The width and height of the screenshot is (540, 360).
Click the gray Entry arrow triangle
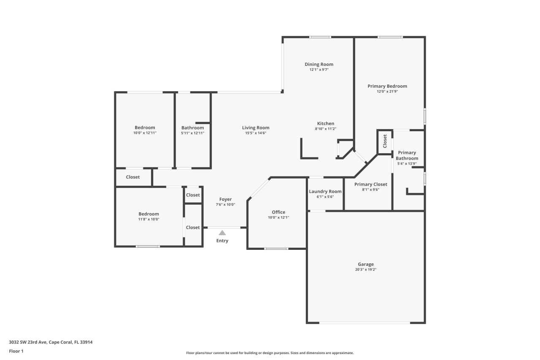click(x=222, y=233)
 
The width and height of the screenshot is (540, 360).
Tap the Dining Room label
click(x=319, y=65)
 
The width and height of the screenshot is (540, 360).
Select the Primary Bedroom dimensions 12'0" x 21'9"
click(x=387, y=92)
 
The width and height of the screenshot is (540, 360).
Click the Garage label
click(x=366, y=264)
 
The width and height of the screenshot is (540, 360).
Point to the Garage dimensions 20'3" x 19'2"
click(x=366, y=270)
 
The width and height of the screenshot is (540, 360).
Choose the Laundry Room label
click(x=325, y=192)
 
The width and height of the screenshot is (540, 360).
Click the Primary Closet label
click(x=370, y=184)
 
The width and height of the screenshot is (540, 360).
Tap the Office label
click(x=278, y=212)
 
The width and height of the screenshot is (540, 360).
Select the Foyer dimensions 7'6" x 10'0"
click(x=225, y=205)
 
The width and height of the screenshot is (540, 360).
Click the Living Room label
click(x=256, y=128)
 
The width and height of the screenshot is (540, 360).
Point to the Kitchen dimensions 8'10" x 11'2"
click(x=326, y=129)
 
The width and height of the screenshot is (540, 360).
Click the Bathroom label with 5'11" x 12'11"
click(x=192, y=128)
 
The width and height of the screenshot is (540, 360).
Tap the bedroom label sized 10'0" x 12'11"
click(x=145, y=128)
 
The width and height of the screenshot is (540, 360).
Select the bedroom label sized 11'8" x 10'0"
click(x=148, y=214)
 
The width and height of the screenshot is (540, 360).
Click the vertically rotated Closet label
click(x=385, y=141)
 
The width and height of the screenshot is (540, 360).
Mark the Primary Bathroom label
click(x=407, y=155)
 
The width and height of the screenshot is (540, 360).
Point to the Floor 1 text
click(x=16, y=351)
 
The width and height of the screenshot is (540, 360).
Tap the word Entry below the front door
click(x=222, y=241)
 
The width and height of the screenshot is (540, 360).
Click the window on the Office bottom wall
click(x=276, y=249)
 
